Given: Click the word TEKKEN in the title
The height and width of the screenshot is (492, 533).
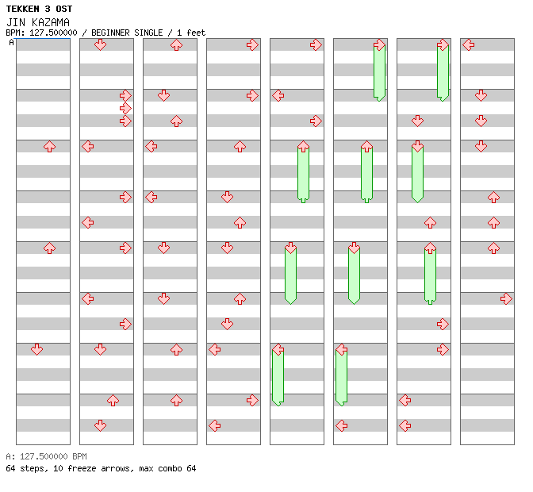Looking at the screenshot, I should [25, 9].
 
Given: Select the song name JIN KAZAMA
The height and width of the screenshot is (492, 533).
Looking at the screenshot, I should [37, 21].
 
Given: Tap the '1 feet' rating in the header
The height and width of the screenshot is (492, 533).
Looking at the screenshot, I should [190, 33].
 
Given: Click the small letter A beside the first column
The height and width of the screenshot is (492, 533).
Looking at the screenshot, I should [11, 43].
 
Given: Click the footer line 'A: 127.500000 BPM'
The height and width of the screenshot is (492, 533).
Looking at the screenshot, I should [46, 457].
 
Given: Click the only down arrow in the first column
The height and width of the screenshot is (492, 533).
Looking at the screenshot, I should [36, 349].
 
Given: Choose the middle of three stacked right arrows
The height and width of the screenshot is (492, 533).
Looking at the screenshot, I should [125, 108].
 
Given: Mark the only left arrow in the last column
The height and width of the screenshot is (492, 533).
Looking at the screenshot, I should [468, 44].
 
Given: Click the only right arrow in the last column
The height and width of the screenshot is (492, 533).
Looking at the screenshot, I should [506, 298].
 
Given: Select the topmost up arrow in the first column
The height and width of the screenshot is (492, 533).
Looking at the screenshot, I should [49, 146].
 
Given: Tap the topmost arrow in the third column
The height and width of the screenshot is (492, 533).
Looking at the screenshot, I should [176, 44].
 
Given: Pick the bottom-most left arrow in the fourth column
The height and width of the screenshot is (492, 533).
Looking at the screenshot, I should [214, 425].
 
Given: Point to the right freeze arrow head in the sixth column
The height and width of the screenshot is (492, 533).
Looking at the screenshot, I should [379, 44].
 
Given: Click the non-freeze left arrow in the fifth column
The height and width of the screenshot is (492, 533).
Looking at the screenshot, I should [278, 95].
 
